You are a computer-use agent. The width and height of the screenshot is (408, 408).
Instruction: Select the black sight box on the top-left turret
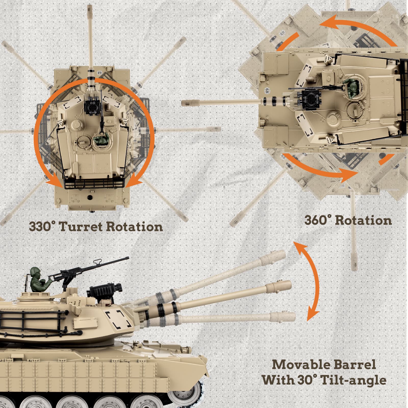92,107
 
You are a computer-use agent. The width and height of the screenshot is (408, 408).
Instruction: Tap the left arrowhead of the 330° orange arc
53,180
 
